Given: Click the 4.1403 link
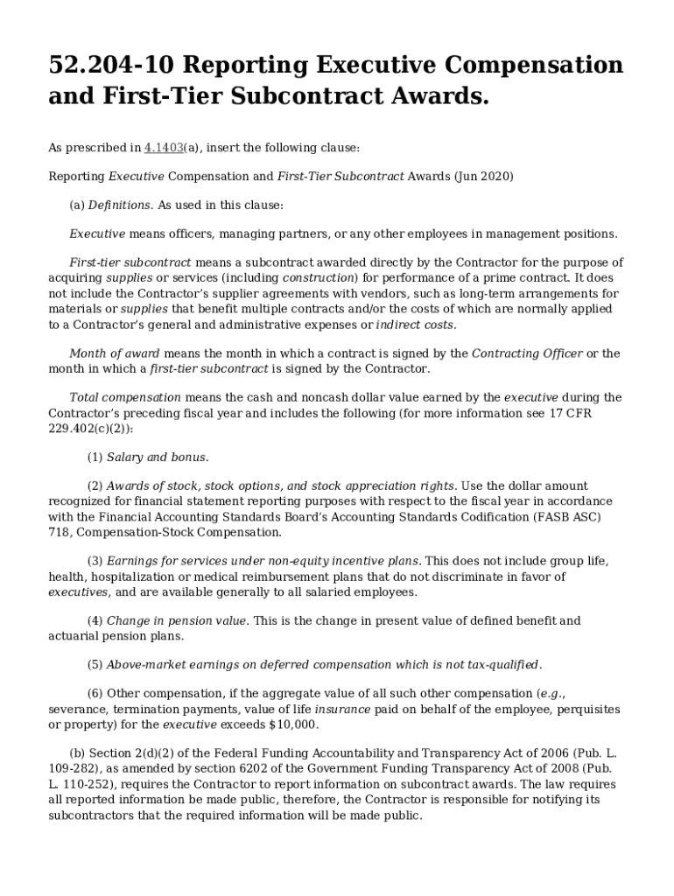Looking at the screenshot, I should click(163, 148).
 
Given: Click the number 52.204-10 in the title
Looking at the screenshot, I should click(108, 66).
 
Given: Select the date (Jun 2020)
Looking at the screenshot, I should click(483, 176).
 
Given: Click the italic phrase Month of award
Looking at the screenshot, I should click(115, 353).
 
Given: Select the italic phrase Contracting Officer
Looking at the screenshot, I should click(527, 353).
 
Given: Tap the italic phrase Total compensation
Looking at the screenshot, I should click(124, 397).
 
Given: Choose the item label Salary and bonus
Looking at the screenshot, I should click(158, 458).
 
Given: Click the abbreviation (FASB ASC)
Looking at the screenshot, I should click(584, 517).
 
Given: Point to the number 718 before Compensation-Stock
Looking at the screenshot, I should click(59, 532).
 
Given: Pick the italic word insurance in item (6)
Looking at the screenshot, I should click(342, 709).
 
